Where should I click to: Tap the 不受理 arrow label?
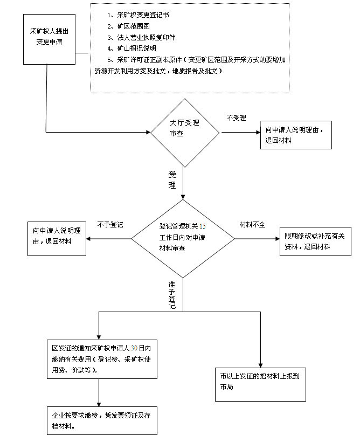click(x=236, y=118)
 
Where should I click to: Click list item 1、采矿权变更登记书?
click(x=138, y=15)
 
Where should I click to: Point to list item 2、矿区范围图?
click(x=128, y=26)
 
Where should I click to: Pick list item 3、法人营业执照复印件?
click(x=141, y=37)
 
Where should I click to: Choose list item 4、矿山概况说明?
click(x=131, y=48)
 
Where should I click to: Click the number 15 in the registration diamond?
click(x=203, y=226)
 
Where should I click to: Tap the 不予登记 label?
click(x=110, y=225)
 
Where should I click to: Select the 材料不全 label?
click(x=252, y=225)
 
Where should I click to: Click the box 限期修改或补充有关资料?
click(x=315, y=241)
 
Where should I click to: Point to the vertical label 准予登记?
click(x=172, y=295)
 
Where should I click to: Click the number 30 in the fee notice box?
click(x=134, y=348)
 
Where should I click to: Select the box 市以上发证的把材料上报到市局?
click(x=260, y=384)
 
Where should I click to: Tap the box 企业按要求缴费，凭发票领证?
click(x=102, y=420)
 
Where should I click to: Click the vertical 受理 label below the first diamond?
click(x=172, y=179)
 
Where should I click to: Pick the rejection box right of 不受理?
click(x=296, y=135)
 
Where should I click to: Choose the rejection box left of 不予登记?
click(x=57, y=239)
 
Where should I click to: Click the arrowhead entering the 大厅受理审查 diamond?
click(x=148, y=132)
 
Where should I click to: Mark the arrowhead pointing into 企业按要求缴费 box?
click(x=99, y=404)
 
